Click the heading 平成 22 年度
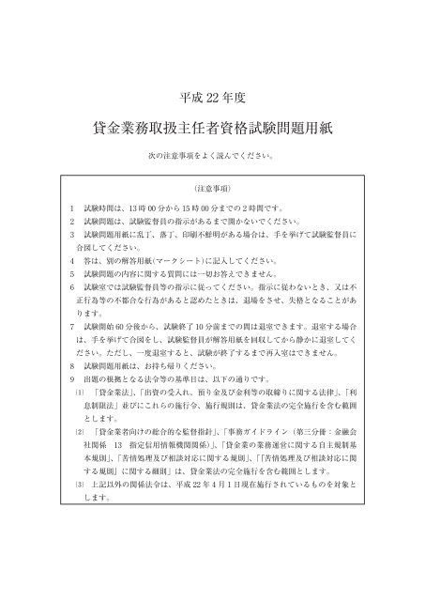tap(211, 97)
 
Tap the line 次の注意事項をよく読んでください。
tap(212, 153)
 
